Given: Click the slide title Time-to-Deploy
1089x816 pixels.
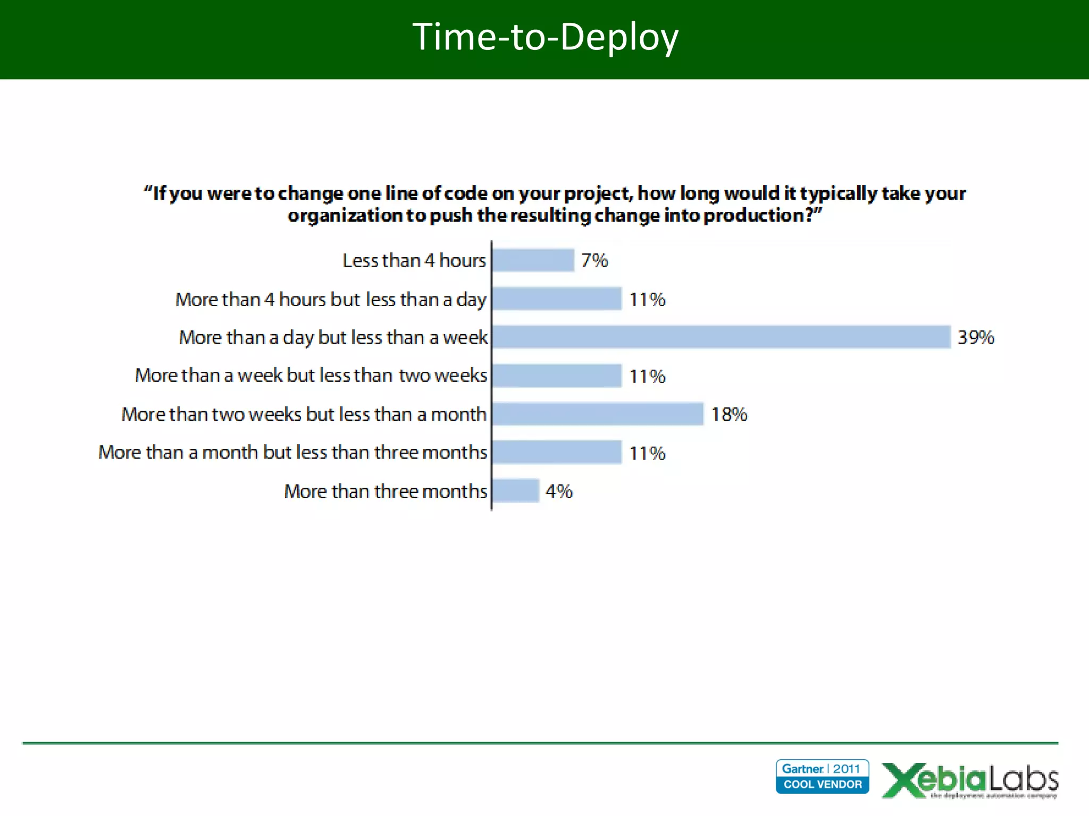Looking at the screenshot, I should (545, 37).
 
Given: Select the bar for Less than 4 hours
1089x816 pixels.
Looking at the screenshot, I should (533, 260).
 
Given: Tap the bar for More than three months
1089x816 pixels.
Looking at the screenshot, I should (516, 490).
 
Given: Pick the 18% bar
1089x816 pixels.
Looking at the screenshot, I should (598, 414).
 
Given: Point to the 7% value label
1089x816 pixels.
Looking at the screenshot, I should (594, 260).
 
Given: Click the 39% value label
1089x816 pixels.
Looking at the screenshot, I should (976, 337).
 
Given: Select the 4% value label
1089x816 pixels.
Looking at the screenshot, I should (559, 491).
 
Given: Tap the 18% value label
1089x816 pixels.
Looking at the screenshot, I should (729, 414).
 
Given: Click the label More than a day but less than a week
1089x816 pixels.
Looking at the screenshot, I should (333, 337).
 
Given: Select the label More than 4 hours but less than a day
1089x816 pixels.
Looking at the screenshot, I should (331, 300).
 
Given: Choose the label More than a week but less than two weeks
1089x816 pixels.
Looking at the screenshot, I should (311, 376).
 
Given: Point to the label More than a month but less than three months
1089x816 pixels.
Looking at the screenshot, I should (292, 452).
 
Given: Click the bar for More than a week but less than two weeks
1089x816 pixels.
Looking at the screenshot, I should (557, 376).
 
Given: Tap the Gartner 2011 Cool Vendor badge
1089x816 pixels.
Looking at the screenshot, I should (822, 776).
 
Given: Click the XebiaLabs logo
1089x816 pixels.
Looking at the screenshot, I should (970, 780).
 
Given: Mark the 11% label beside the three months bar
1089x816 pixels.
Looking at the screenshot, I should (647, 453).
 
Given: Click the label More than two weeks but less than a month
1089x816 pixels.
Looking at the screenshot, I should (304, 414).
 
